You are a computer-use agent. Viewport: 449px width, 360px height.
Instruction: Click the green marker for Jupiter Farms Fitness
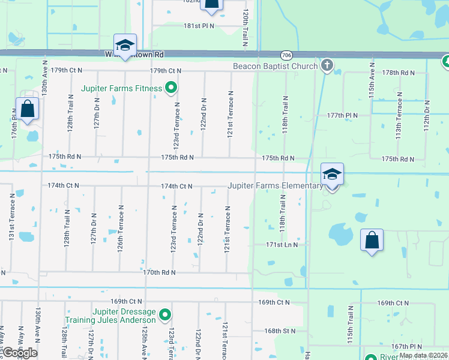point(171,88)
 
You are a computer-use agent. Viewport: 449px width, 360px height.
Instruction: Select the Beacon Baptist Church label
point(275,65)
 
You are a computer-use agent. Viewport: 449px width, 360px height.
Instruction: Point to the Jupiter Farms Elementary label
point(275,186)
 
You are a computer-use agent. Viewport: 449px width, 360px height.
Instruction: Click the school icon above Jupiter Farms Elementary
point(332,175)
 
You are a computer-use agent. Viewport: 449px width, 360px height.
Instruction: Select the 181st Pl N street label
point(199,26)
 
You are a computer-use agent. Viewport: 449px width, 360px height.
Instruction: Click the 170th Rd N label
point(159,272)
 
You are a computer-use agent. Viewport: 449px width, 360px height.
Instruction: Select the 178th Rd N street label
point(399,73)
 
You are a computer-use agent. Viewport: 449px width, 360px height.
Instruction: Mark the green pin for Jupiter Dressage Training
point(166,314)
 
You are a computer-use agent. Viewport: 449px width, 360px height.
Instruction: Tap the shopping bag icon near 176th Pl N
point(28,110)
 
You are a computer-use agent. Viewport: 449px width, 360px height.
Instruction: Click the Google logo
point(20,353)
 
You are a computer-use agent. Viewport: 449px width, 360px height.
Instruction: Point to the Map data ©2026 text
point(423,355)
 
